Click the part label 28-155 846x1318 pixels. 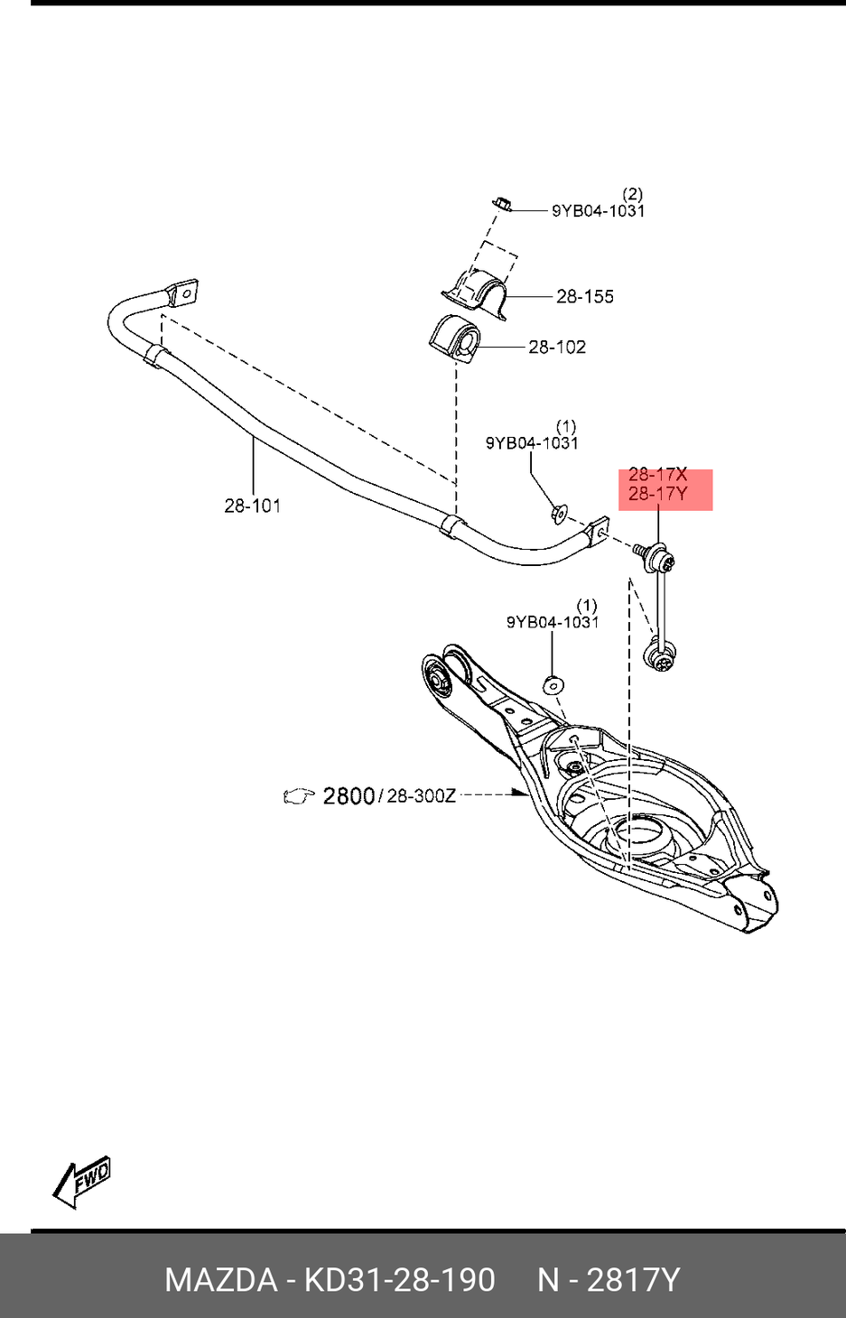(x=584, y=296)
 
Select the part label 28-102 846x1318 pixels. (x=556, y=347)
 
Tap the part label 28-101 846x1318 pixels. (x=252, y=506)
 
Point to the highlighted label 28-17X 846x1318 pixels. (x=657, y=475)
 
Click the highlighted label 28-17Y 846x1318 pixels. (x=657, y=494)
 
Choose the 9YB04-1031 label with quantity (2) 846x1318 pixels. (x=598, y=210)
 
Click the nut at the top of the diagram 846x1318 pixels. (x=504, y=203)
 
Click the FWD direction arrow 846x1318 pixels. (x=82, y=1181)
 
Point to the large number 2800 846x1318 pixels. (x=349, y=795)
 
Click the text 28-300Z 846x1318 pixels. (x=422, y=796)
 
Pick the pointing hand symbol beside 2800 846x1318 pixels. (x=299, y=796)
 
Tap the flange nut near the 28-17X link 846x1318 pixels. (x=559, y=514)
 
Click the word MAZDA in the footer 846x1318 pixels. (x=220, y=1279)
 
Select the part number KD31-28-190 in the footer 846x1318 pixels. (x=399, y=1279)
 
